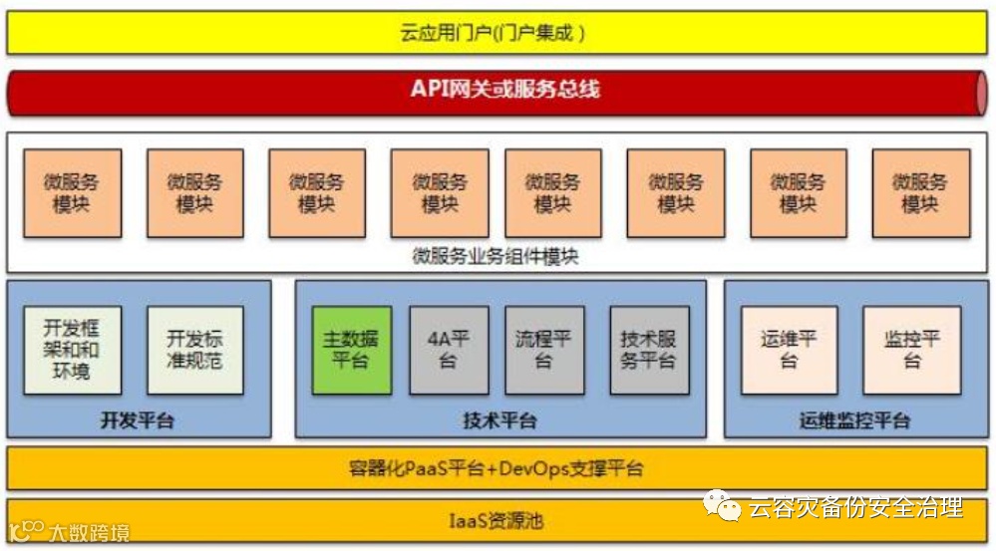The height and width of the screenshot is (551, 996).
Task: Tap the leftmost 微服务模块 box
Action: [x=72, y=193]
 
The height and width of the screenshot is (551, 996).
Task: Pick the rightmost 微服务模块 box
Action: [x=920, y=193]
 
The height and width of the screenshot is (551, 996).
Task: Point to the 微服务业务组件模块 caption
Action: [x=496, y=256]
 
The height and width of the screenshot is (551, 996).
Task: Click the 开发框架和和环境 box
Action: [x=72, y=350]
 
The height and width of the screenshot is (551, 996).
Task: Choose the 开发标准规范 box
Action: [x=194, y=350]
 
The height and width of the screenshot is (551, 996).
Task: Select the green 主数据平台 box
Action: [x=351, y=350]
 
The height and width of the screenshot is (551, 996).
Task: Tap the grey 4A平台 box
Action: [x=449, y=350]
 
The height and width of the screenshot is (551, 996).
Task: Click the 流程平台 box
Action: [x=544, y=350]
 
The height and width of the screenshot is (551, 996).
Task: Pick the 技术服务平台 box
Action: [x=649, y=350]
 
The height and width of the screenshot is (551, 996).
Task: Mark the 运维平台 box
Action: [x=789, y=350]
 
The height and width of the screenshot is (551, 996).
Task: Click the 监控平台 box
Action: [x=912, y=350]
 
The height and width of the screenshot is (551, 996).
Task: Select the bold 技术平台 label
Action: [x=499, y=420]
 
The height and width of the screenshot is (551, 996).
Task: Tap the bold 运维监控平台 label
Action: [x=854, y=420]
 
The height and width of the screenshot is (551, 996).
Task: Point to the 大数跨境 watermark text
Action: [x=89, y=533]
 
